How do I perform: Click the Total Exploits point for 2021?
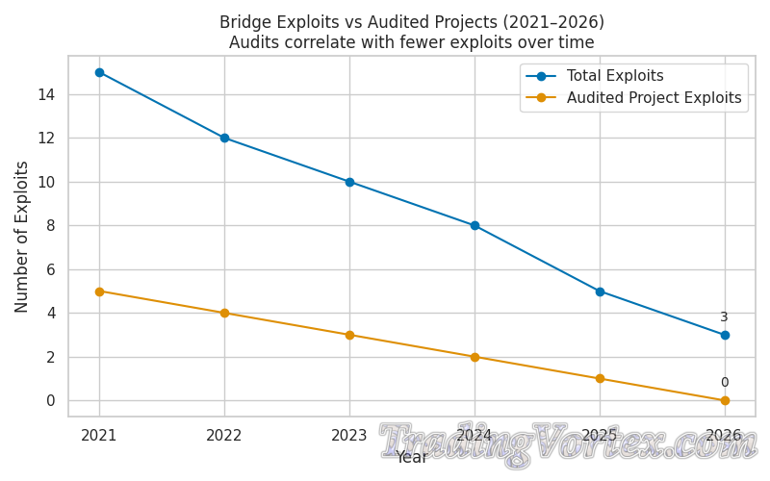coord(99,72)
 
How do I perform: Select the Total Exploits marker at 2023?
coord(349,182)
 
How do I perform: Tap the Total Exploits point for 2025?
coord(600,291)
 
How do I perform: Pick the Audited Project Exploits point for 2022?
coord(224,313)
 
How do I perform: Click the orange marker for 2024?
coord(475,357)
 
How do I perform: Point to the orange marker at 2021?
coord(99,291)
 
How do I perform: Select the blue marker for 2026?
coord(725,335)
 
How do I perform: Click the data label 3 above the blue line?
coord(724,317)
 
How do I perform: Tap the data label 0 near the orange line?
coord(724,383)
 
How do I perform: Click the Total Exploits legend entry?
coord(615,76)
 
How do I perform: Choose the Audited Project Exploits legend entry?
coord(654,98)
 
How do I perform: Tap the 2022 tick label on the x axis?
coord(224,436)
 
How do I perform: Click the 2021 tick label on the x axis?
coord(99,436)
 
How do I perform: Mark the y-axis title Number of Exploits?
coord(23,237)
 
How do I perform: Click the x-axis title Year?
coord(412,458)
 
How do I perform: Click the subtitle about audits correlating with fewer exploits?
coord(412,43)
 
